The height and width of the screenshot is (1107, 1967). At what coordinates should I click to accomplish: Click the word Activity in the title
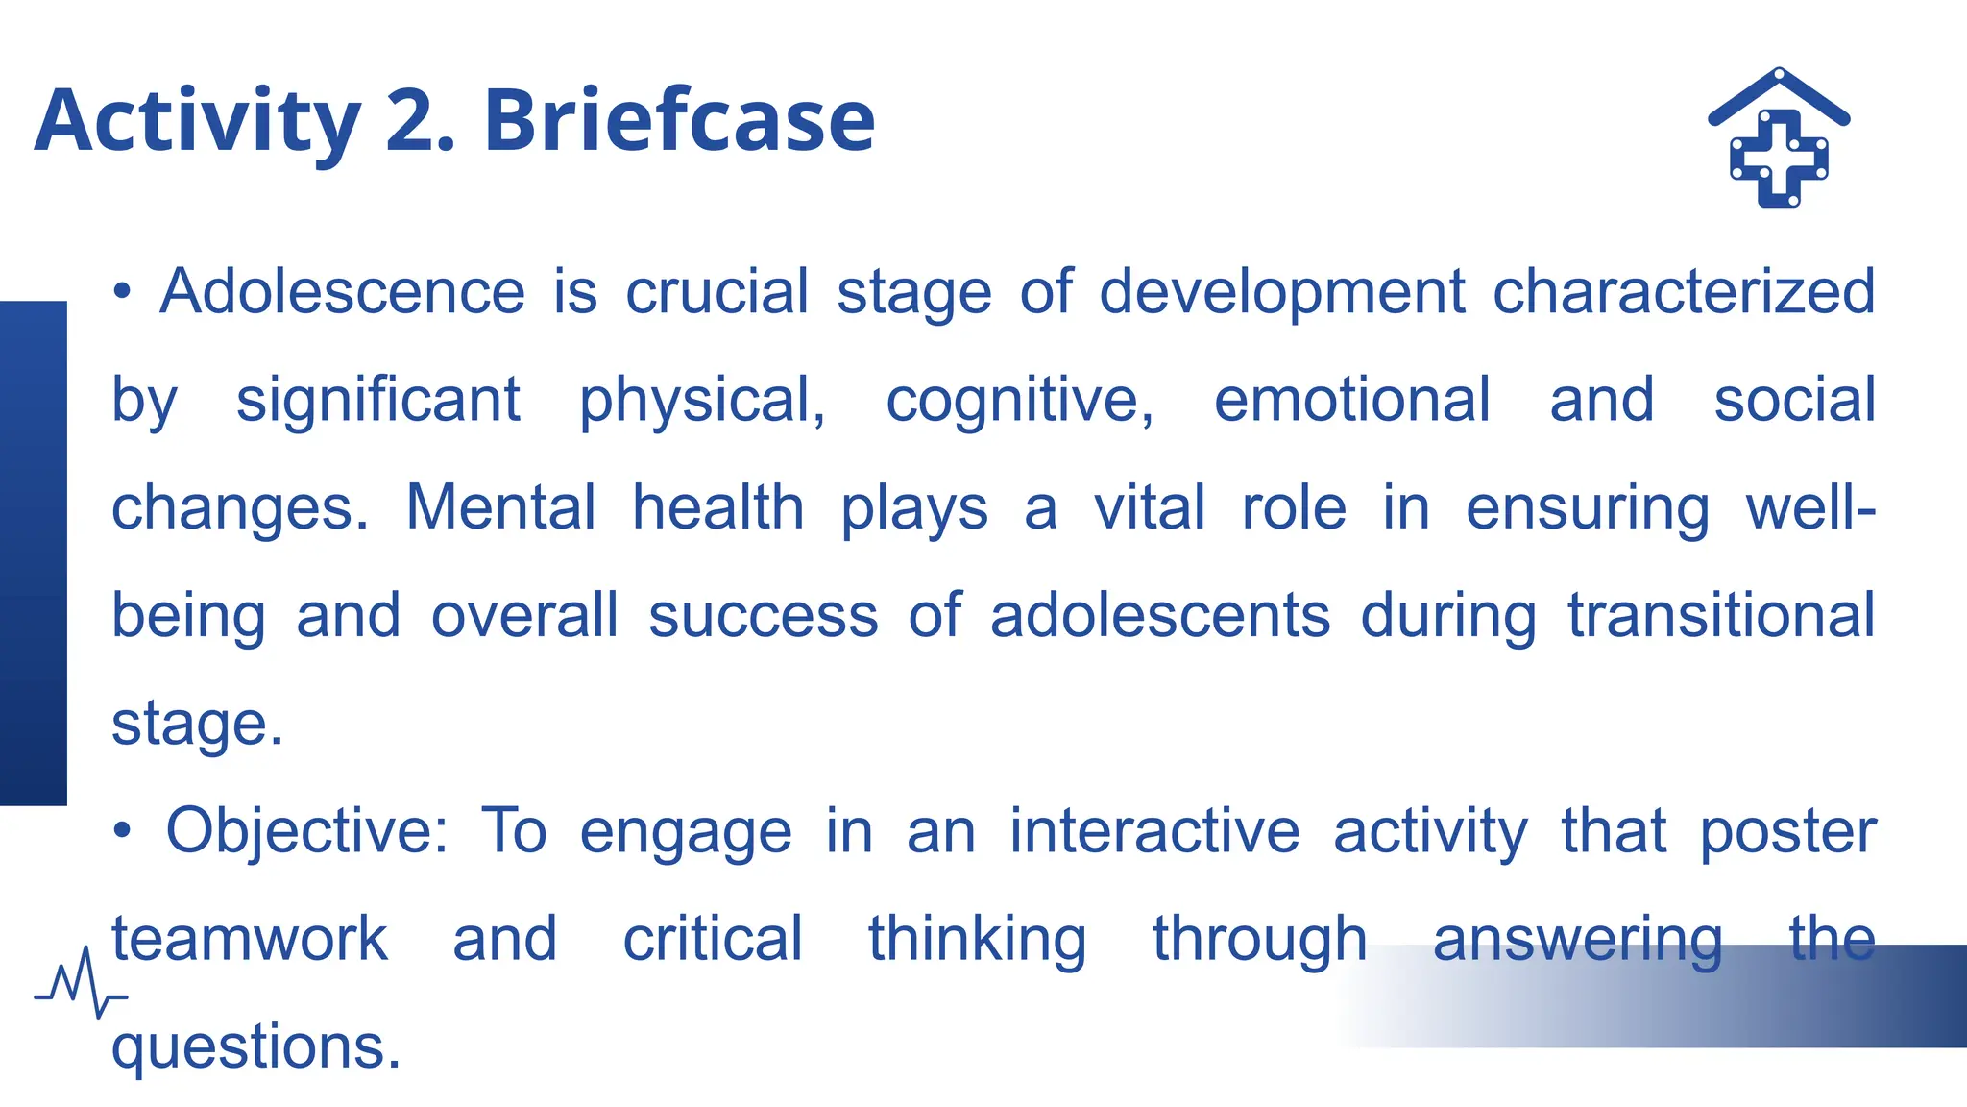click(197, 121)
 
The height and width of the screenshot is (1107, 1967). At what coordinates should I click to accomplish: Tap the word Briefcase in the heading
click(679, 121)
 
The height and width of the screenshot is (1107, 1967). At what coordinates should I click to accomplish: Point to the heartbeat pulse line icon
click(81, 982)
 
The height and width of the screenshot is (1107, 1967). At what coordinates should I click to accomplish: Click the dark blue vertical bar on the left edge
click(33, 553)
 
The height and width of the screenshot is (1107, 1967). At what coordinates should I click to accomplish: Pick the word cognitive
click(1019, 400)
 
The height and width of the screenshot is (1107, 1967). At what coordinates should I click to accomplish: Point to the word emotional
click(1351, 400)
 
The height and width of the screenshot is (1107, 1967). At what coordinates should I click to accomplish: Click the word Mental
click(499, 507)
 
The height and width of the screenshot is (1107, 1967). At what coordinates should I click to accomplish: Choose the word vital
click(1149, 507)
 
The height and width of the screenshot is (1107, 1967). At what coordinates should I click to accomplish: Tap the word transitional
click(1721, 615)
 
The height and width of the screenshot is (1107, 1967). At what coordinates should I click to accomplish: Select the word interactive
click(1153, 831)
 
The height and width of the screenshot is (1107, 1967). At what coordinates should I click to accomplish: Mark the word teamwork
click(250, 939)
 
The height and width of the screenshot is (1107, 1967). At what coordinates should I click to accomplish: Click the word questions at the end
click(255, 1047)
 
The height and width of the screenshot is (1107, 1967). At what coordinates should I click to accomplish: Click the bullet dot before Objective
click(121, 831)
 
